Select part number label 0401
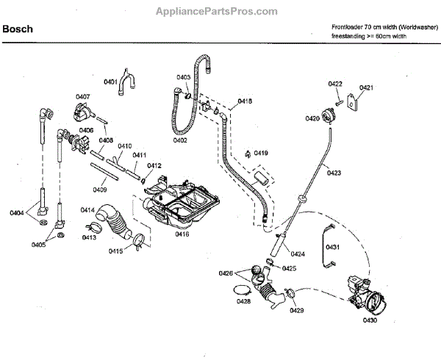[110, 82]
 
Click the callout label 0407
[82, 96]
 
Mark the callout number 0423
[334, 173]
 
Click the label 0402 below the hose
[180, 140]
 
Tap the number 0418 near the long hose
[245, 101]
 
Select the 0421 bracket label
[367, 88]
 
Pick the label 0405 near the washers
[37, 244]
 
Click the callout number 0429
[296, 312]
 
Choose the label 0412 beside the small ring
[154, 167]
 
